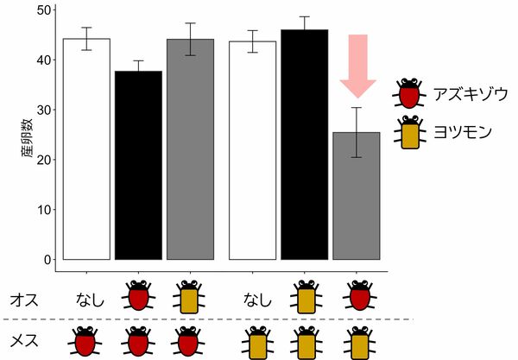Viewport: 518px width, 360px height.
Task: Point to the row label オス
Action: coord(22,300)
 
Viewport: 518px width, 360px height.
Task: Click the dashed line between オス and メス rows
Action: coord(207,319)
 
